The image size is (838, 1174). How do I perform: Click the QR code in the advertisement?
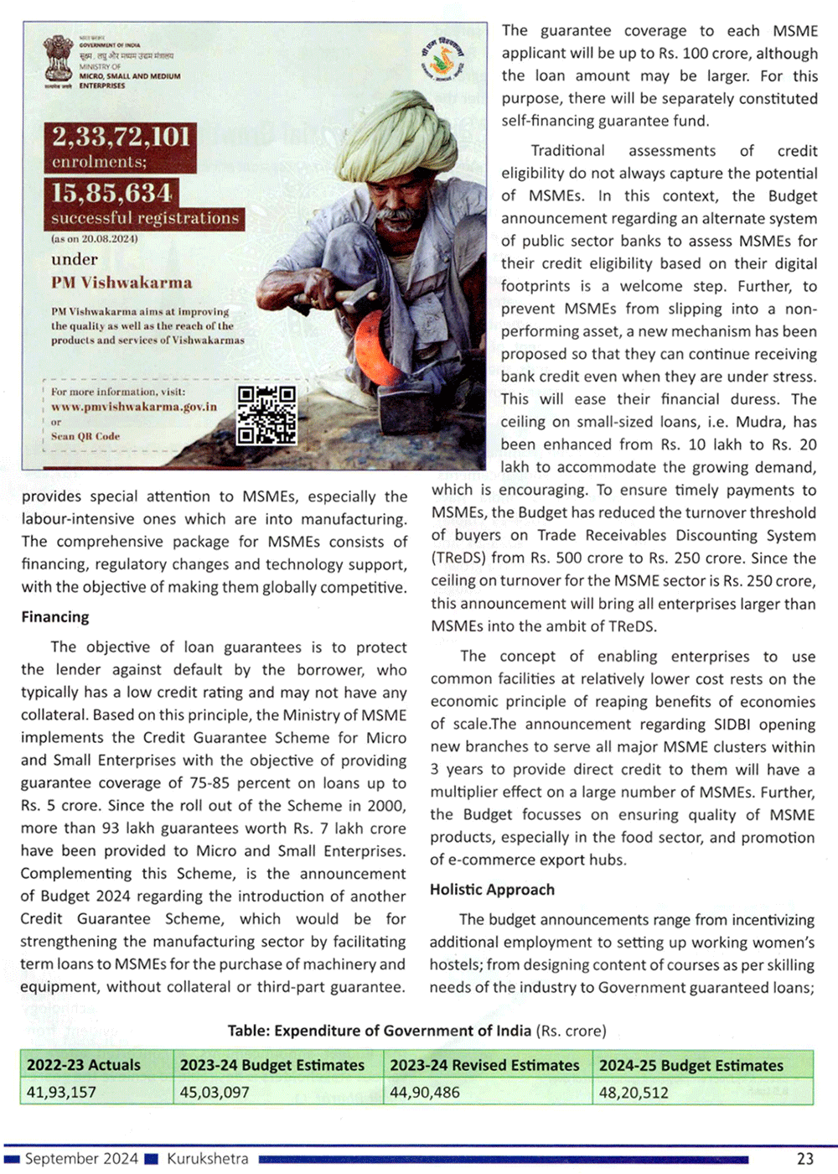coord(266,414)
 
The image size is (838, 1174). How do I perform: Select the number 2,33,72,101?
coord(122,137)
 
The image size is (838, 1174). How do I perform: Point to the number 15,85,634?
coord(112,193)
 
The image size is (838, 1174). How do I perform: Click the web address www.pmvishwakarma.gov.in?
coord(134,407)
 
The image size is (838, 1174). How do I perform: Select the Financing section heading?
coord(55,617)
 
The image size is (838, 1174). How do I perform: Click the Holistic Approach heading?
coord(492,890)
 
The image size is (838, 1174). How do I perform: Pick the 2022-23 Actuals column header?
coord(84,1065)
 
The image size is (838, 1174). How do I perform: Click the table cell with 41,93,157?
coord(61,1092)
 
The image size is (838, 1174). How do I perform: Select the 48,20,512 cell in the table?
coord(634,1092)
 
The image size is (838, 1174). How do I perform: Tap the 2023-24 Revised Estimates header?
coord(484,1065)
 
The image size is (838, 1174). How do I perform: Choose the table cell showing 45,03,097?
coord(215,1092)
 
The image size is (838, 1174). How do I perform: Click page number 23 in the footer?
coord(804,1158)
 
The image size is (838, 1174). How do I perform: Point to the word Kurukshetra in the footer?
coord(207,1158)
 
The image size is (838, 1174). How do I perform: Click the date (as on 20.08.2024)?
coord(95,239)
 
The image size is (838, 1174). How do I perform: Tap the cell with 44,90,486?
coord(424,1092)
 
